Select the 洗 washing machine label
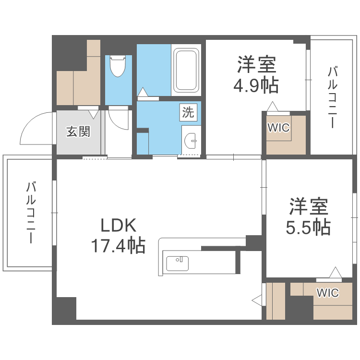188,112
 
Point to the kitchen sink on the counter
177,264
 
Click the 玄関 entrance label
78,131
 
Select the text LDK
119,225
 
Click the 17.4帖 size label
119,246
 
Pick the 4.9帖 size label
256,85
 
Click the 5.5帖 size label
309,226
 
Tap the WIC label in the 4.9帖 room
278,128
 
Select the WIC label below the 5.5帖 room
328,292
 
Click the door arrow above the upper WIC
272,106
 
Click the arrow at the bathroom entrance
143,91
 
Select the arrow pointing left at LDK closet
257,300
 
